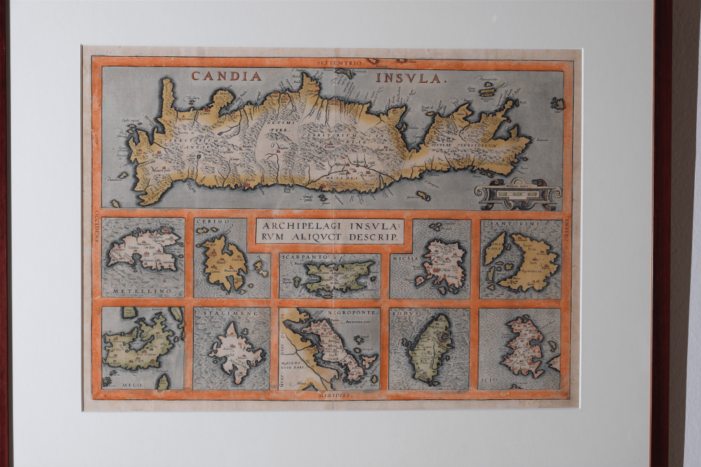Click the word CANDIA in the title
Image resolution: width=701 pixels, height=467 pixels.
[x=227, y=76]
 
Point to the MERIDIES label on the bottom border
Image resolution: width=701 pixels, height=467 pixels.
[x=335, y=395]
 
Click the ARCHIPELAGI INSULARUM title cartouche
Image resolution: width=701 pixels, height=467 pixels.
[x=329, y=231]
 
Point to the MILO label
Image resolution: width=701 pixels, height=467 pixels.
[x=133, y=385]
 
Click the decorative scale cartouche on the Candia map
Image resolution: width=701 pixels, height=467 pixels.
[x=518, y=194]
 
